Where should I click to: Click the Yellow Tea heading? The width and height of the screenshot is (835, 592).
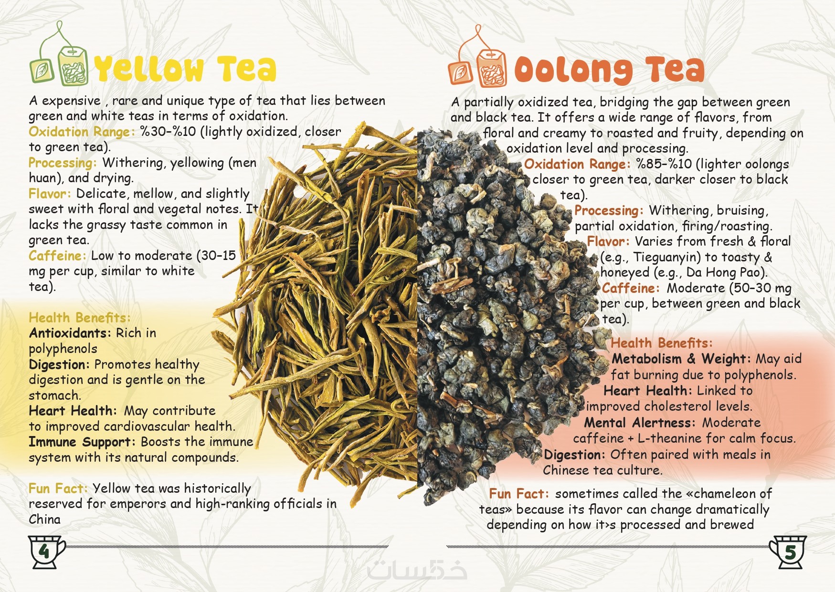[185, 69]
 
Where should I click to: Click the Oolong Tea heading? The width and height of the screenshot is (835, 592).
[609, 70]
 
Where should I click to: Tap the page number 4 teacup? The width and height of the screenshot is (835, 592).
[46, 551]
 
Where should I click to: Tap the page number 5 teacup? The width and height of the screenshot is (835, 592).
[788, 552]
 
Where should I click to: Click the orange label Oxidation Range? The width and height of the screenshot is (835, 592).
[577, 164]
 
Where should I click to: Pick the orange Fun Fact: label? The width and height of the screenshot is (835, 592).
[519, 494]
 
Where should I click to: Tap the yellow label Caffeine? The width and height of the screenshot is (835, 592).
[58, 256]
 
